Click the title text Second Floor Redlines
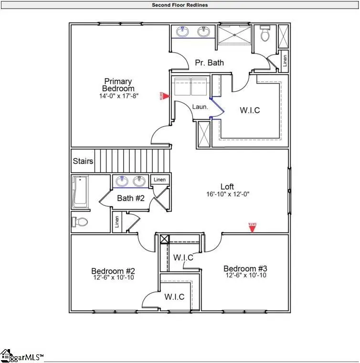[x=180, y=5]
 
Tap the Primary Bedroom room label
[x=118, y=85]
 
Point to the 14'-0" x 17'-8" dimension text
[x=118, y=96]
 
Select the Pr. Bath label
[x=209, y=63]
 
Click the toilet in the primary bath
[x=265, y=34]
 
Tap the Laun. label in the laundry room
[x=200, y=107]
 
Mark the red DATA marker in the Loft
[x=253, y=227]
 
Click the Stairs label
[x=83, y=161]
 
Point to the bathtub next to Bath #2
[x=80, y=192]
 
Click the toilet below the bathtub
[x=80, y=222]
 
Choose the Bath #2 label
[x=131, y=198]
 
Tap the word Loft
[x=227, y=187]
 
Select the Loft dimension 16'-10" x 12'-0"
[x=228, y=194]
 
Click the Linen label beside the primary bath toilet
[x=285, y=61]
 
